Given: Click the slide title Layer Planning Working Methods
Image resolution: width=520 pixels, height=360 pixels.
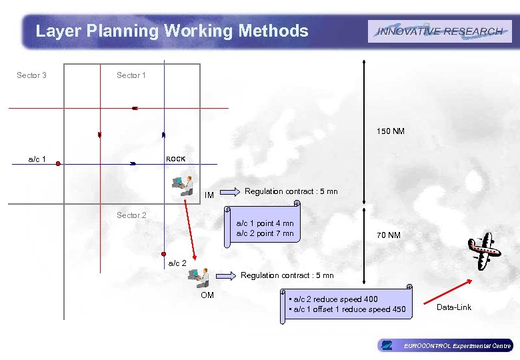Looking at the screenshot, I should [172, 31].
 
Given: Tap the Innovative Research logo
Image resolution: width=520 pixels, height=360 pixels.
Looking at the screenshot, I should [439, 31].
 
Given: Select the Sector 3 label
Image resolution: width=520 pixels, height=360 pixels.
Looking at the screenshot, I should [31, 75].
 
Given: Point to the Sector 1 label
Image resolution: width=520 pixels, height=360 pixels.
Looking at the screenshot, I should [131, 75].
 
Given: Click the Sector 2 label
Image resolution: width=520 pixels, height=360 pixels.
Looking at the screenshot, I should [131, 215].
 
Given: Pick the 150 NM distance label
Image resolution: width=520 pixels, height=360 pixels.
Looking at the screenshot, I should [390, 131].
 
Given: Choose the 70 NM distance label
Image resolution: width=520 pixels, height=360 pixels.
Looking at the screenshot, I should [389, 235].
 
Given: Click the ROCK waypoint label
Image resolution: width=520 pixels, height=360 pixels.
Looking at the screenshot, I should [176, 159].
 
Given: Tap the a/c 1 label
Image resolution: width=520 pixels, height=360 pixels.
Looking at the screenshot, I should [37, 159].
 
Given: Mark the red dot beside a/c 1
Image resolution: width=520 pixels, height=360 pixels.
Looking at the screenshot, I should [58, 163].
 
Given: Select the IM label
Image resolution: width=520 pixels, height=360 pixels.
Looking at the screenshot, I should [209, 195].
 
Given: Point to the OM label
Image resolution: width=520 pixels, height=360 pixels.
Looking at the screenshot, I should [207, 295].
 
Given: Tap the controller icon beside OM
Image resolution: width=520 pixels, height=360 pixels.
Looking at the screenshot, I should [199, 277].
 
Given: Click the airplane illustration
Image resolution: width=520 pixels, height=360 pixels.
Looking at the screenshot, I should [484, 250].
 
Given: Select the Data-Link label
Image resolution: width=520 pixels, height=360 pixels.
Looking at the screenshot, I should [453, 307].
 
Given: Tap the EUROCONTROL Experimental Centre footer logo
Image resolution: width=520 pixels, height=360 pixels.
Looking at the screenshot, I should [445, 345].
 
